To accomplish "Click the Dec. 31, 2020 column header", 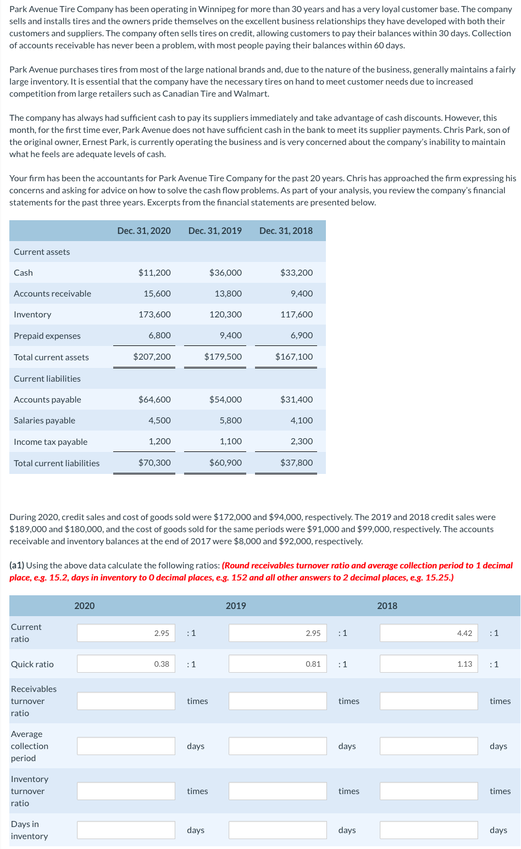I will point(144,231).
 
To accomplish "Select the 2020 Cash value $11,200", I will point(154,273).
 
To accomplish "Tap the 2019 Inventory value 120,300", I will point(225,315).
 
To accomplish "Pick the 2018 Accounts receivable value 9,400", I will point(302,294).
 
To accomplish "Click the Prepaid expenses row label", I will point(47,336).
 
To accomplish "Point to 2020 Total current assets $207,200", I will point(152,357).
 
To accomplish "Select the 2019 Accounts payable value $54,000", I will point(225,400).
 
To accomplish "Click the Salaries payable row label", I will point(45,421).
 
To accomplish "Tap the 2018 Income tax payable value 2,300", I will point(302,442).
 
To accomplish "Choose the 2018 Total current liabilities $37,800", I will point(296,463).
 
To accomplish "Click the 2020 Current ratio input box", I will point(126,633).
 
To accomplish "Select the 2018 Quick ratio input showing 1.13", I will point(429,664).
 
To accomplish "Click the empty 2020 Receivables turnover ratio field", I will point(126,701).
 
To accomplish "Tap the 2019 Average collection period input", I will point(278,746).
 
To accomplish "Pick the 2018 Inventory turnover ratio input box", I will point(429,791).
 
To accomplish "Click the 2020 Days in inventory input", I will point(126,830).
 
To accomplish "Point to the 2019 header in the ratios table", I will point(236,606).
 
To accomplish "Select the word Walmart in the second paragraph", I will point(251,94).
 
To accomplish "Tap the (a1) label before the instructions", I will point(16,566).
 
